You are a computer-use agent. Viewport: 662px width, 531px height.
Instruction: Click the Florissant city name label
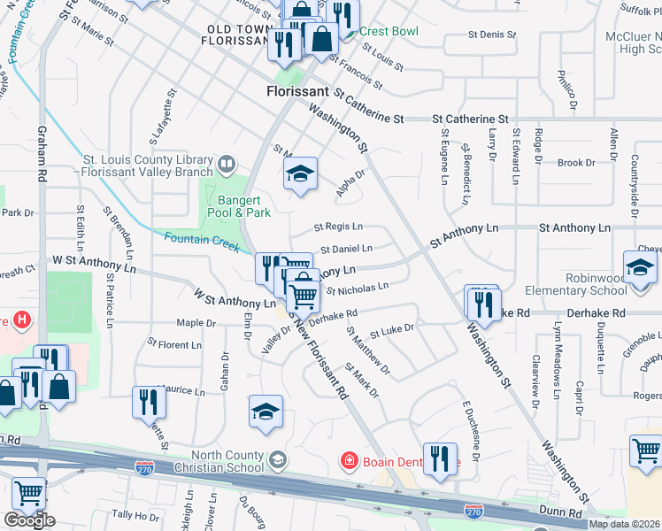tap(298, 91)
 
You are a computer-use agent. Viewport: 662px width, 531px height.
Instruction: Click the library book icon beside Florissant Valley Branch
tap(227, 165)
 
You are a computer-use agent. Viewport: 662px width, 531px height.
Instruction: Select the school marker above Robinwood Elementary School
tap(641, 265)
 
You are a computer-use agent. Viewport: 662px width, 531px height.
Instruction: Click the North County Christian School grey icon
tap(278, 459)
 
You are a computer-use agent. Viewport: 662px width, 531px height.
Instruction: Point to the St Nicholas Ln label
tap(358, 288)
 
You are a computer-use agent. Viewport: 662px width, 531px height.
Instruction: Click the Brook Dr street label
tap(576, 163)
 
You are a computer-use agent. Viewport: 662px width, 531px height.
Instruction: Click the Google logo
tap(28, 520)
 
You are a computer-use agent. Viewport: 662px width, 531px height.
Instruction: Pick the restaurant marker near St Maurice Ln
tap(148, 402)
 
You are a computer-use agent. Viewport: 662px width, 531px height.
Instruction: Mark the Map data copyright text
tap(623, 524)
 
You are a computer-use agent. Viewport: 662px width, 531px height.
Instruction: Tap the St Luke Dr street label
tap(392, 330)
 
